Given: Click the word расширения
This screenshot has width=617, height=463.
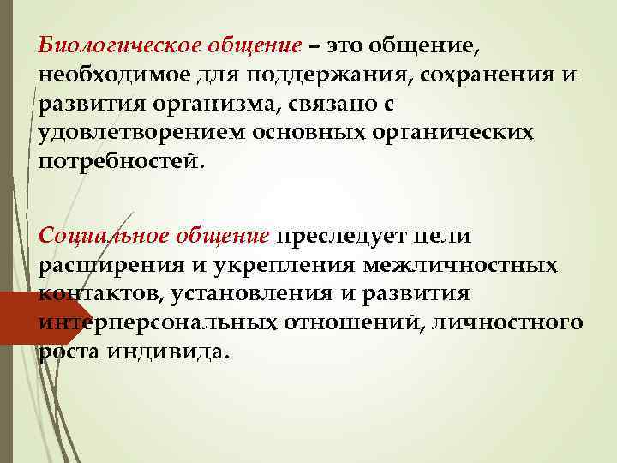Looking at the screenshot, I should (104, 265).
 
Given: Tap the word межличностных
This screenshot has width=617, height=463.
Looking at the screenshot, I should (459, 265).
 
